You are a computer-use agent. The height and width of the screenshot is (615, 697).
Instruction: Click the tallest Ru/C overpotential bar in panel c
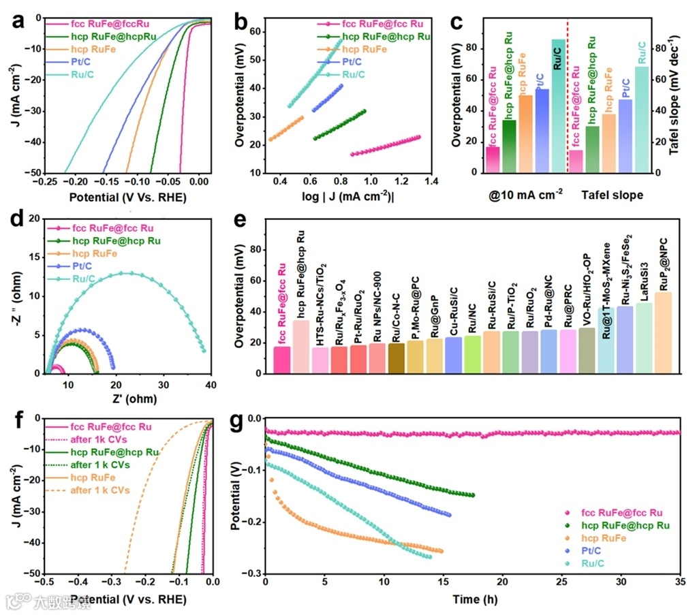pos(559,106)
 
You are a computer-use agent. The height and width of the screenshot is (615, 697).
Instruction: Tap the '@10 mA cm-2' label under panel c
pos(522,195)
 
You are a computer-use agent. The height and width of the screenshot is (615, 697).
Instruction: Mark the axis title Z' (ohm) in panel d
pos(128,400)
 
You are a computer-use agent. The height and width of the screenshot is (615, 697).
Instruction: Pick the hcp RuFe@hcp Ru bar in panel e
pos(300,346)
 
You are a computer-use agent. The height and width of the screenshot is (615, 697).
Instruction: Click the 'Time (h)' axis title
pos(472,599)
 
